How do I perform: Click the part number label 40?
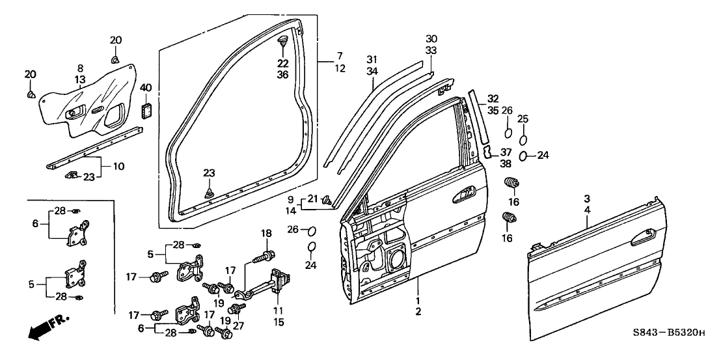click(x=146, y=87)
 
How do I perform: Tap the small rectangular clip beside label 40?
click(x=146, y=109)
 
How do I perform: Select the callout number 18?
click(x=265, y=234)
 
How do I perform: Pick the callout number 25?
click(x=523, y=118)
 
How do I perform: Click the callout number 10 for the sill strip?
click(x=118, y=167)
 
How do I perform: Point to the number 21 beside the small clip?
click(x=312, y=199)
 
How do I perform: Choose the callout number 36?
click(x=282, y=74)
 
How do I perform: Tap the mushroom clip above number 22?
click(x=283, y=43)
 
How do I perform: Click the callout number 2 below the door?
click(x=418, y=312)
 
